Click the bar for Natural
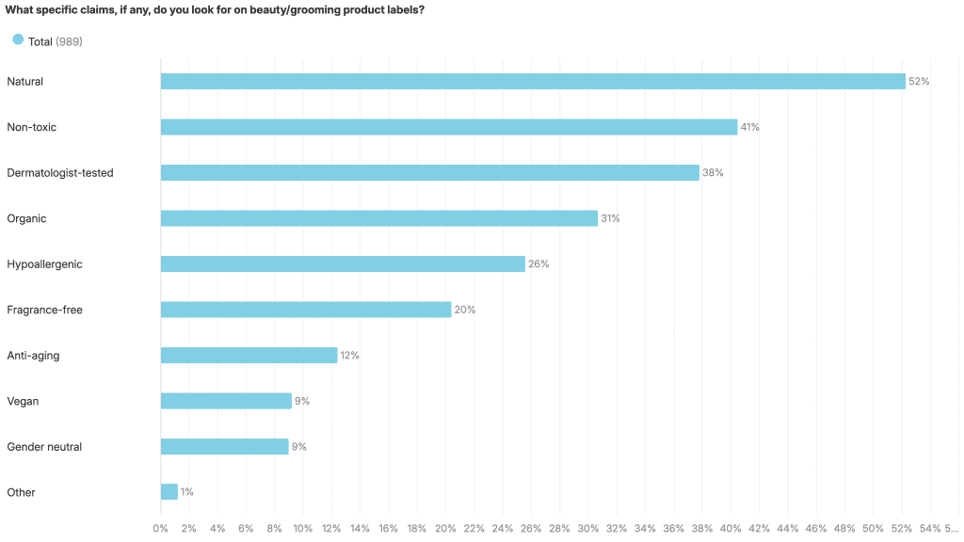[533, 81]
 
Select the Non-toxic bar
[449, 127]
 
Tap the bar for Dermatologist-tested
[430, 173]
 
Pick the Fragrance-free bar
[306, 310]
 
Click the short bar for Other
[169, 492]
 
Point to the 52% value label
[919, 82]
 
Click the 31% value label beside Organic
[610, 218]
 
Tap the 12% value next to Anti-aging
[349, 356]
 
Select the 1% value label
[186, 492]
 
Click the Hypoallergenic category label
[44, 264]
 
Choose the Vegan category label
[22, 401]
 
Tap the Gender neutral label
[44, 447]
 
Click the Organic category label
[26, 218]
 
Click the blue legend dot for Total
[17, 40]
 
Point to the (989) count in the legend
[69, 41]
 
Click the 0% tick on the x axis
[160, 528]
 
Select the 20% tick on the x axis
[445, 528]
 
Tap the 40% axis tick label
[731, 528]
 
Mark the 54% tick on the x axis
[929, 528]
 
